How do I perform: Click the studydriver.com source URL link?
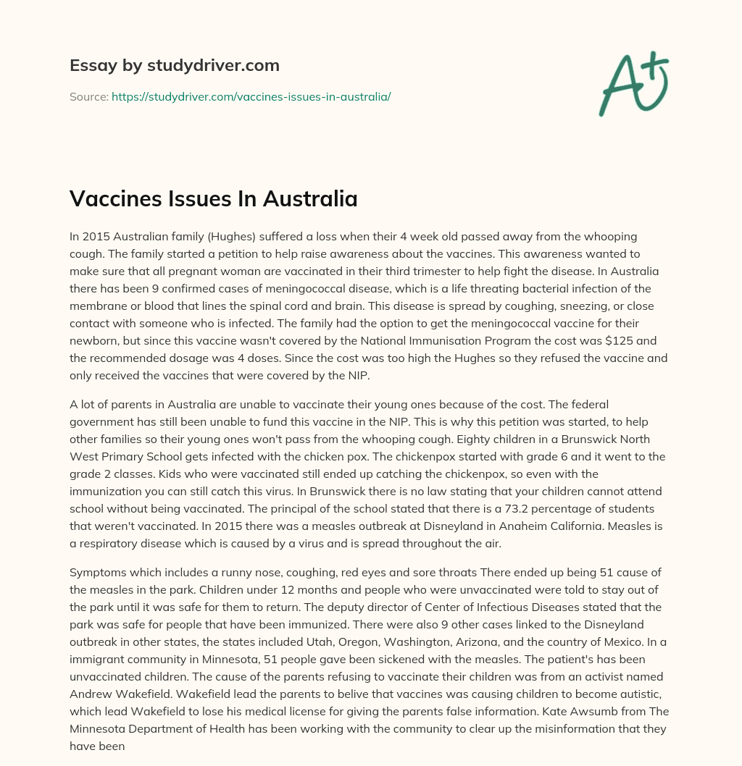[x=251, y=96]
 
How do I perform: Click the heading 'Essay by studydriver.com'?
[x=174, y=65]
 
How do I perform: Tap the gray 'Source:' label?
[x=88, y=96]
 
